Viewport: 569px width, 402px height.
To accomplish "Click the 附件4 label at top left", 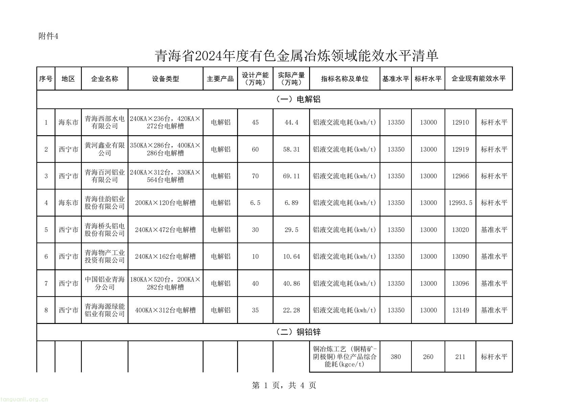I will click(x=48, y=36).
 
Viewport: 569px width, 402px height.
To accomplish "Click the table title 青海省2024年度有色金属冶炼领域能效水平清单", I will click(x=297, y=56).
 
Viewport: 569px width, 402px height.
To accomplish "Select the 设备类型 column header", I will click(x=165, y=79).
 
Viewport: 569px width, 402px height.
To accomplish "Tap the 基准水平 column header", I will click(x=396, y=79).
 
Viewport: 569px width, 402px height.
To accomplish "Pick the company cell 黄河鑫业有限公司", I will click(x=105, y=149).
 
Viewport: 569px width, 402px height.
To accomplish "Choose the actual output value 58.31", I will click(x=291, y=149).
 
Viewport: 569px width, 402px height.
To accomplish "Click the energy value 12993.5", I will click(x=460, y=203).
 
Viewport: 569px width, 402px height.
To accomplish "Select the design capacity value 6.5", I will click(x=255, y=203).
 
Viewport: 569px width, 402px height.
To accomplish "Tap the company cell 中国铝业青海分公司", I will click(x=105, y=283).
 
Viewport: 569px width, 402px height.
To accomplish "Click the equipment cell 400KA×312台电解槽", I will click(x=165, y=310).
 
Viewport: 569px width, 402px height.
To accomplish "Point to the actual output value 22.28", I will click(x=291, y=310).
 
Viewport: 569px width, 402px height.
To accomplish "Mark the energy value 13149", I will click(x=460, y=310).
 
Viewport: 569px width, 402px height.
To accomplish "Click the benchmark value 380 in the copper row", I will click(x=396, y=357).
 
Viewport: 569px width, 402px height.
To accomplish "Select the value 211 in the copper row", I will click(x=460, y=357).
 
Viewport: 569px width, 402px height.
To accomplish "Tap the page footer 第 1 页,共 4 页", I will click(x=284, y=385).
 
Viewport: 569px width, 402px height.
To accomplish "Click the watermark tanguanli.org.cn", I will click(x=24, y=399).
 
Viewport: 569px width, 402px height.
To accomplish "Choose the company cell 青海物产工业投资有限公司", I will click(x=105, y=257).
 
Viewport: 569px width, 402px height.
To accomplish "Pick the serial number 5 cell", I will click(x=46, y=230).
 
